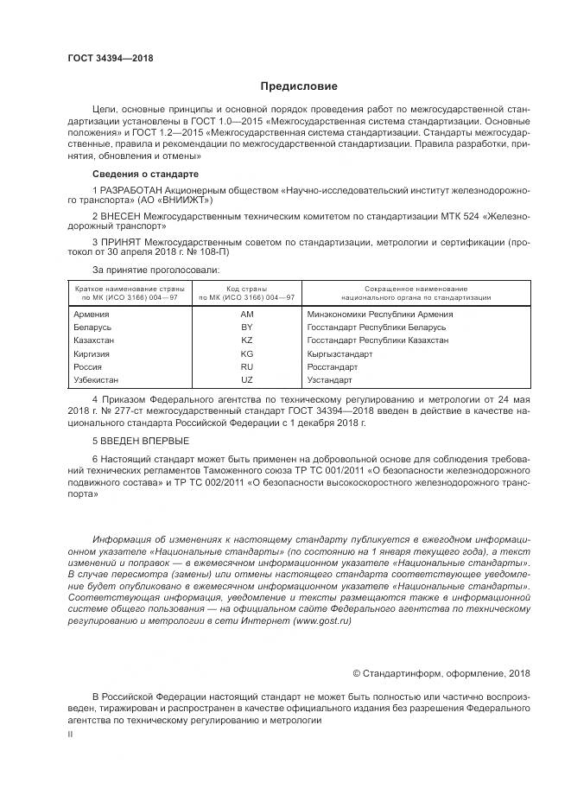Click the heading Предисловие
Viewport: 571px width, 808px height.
click(x=300, y=86)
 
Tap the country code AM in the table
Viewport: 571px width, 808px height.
click(x=246, y=315)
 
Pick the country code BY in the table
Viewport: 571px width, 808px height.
click(x=246, y=328)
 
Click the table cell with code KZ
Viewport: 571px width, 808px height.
click(x=246, y=341)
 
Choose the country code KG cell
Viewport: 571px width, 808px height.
click(x=246, y=354)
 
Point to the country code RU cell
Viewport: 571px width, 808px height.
click(x=246, y=367)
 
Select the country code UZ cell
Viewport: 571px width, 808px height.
click(x=246, y=380)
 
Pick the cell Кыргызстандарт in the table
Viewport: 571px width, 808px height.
click(x=340, y=354)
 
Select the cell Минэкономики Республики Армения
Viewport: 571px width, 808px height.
click(x=380, y=315)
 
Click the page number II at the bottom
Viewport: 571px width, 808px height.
click(x=71, y=734)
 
